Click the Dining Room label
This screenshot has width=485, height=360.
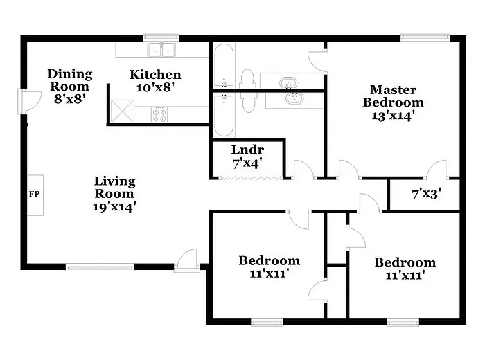tap(69, 87)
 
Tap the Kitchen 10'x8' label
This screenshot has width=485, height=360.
tap(156, 81)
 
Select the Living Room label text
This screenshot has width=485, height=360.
tap(115, 193)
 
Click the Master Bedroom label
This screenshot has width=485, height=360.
tap(393, 102)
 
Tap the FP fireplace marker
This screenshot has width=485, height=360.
tap(34, 194)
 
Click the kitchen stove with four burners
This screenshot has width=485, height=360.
tap(159, 114)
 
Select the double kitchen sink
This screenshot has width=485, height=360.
tap(161, 49)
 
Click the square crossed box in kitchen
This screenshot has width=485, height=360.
tap(121, 110)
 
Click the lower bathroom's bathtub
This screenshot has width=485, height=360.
tap(224, 114)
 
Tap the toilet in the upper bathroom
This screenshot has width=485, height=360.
tap(247, 79)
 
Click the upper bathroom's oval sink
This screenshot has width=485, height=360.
tap(289, 84)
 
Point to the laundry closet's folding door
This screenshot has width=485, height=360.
tap(250, 179)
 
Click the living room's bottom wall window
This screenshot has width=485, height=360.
tap(100, 266)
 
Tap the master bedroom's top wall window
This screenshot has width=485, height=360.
tap(424, 37)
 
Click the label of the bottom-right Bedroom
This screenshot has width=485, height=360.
tap(405, 269)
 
